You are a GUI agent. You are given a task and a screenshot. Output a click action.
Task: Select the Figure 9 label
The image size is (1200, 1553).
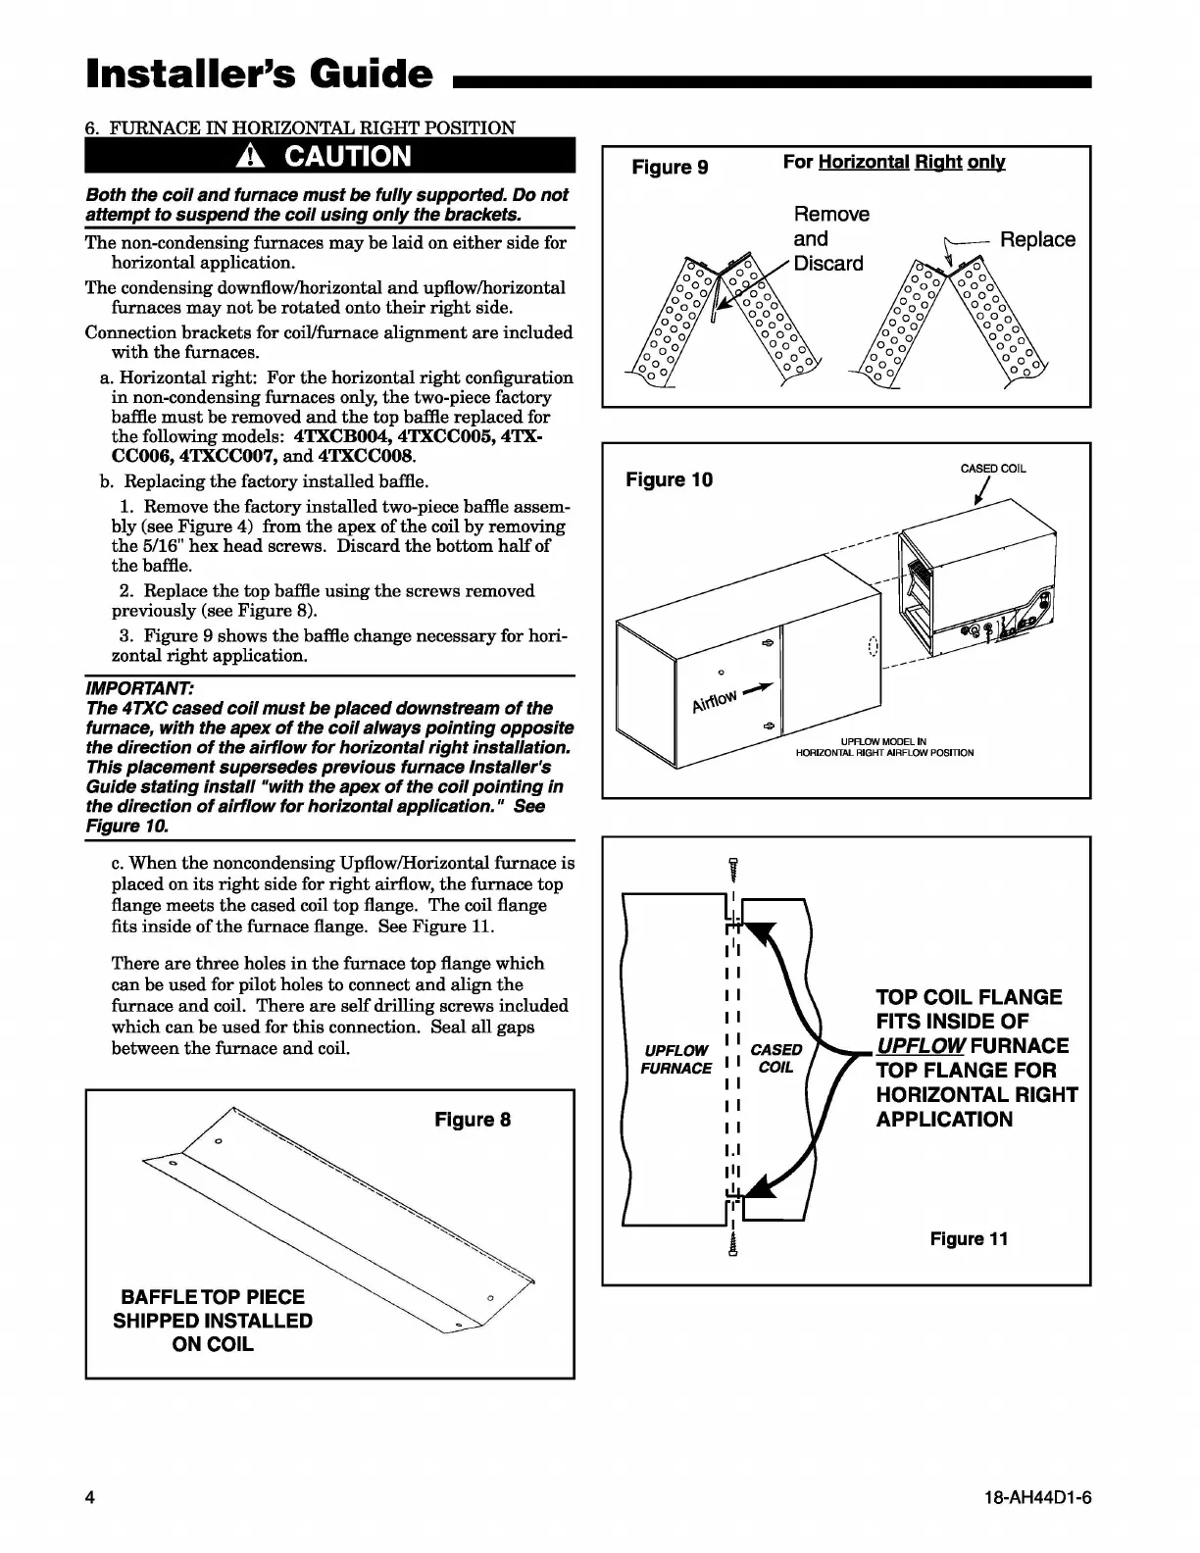click(x=670, y=167)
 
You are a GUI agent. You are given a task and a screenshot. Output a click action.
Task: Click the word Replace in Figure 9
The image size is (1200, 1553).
click(x=1037, y=240)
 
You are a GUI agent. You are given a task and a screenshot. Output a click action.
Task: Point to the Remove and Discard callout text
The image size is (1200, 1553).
click(x=829, y=239)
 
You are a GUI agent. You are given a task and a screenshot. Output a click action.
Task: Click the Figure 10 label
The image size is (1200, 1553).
click(x=670, y=479)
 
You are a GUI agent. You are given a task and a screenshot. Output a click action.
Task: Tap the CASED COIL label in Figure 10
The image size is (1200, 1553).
click(x=993, y=469)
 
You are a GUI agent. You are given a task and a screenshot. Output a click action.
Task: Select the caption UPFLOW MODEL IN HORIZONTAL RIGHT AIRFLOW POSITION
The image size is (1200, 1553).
click(x=883, y=747)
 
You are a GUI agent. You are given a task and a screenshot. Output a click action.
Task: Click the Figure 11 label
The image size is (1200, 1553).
click(x=969, y=1239)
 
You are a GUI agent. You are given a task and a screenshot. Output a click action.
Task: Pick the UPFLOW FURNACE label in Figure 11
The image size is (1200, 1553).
click(x=675, y=1059)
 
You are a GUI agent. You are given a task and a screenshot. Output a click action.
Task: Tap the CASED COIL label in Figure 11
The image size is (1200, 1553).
click(x=775, y=1059)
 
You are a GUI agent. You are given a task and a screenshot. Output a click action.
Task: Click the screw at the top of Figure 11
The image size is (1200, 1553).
click(x=732, y=868)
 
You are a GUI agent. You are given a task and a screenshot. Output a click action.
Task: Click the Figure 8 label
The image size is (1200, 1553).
click(x=473, y=1120)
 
